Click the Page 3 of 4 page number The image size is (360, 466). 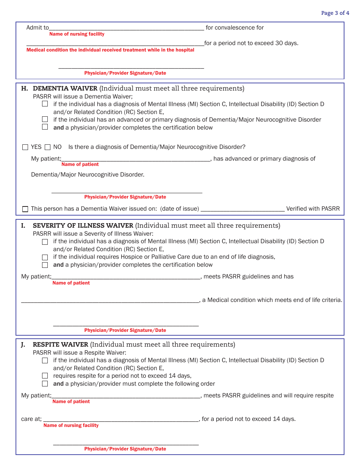335,13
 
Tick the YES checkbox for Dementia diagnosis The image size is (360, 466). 25,147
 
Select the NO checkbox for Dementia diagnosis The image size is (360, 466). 48,147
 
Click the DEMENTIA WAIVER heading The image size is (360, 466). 65,89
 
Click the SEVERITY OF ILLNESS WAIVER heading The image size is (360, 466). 83,226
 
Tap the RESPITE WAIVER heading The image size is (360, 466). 60,345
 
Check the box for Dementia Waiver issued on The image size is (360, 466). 25,209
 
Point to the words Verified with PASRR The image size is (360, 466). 313,209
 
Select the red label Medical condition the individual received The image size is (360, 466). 110,50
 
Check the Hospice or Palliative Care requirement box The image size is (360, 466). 45,257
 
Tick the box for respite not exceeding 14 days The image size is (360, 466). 45,376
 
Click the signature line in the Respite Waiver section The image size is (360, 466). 126,443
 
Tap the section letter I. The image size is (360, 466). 23,226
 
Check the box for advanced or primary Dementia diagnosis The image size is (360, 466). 45,120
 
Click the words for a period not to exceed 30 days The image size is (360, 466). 251,43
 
